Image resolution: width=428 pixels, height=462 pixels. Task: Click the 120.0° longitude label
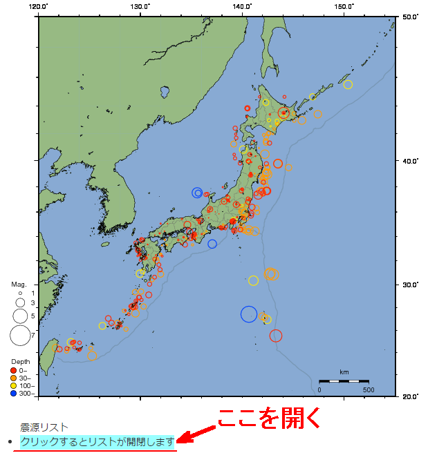click(x=39, y=6)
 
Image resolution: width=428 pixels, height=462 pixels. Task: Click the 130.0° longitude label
click(x=140, y=6)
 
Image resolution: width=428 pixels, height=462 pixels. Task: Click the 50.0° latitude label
click(x=410, y=17)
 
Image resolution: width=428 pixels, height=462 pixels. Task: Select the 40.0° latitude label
click(x=410, y=161)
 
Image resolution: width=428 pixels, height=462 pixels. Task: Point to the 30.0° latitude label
click(x=410, y=285)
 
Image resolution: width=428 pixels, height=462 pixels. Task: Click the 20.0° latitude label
click(x=410, y=396)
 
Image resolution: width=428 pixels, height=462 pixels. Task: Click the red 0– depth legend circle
click(x=13, y=370)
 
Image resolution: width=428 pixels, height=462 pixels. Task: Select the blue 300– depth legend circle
click(x=13, y=394)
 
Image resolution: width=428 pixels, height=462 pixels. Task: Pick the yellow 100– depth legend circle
click(x=13, y=386)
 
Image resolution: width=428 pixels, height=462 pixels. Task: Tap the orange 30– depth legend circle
click(x=13, y=378)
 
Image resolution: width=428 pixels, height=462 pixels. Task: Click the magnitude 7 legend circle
click(x=20, y=336)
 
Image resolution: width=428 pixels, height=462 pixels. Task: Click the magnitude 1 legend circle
click(x=20, y=293)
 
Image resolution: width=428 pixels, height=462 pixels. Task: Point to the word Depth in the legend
click(x=20, y=361)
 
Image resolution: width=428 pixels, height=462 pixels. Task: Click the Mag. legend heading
click(x=19, y=284)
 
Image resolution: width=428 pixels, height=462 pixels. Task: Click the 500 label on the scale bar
click(x=368, y=390)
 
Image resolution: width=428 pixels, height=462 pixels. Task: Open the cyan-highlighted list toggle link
click(x=97, y=441)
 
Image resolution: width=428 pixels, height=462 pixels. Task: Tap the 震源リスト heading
click(x=44, y=427)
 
